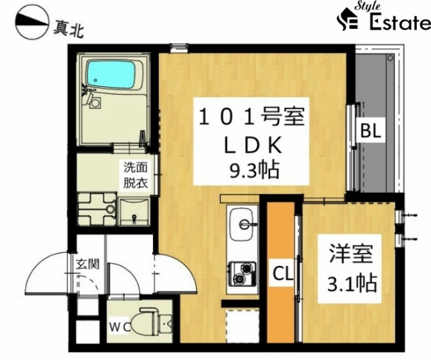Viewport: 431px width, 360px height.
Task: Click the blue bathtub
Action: [x=111, y=75]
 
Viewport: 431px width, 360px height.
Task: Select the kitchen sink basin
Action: [x=242, y=224]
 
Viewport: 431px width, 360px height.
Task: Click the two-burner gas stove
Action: [x=242, y=274]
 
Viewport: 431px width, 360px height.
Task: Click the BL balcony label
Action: [x=371, y=131]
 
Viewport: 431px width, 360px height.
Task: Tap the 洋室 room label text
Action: [x=351, y=254]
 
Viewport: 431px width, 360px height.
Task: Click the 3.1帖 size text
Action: [x=352, y=283]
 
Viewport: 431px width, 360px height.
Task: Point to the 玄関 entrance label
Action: [x=88, y=264]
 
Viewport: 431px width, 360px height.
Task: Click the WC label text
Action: [x=120, y=327]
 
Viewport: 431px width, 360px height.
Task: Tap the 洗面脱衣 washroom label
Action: [x=136, y=175]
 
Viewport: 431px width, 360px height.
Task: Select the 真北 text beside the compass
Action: [x=68, y=29]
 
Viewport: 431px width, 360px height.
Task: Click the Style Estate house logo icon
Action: [x=347, y=19]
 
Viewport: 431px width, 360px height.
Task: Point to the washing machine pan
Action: [x=96, y=209]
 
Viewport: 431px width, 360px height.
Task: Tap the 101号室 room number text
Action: [x=251, y=117]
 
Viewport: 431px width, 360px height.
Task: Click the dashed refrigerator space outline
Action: [x=242, y=326]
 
